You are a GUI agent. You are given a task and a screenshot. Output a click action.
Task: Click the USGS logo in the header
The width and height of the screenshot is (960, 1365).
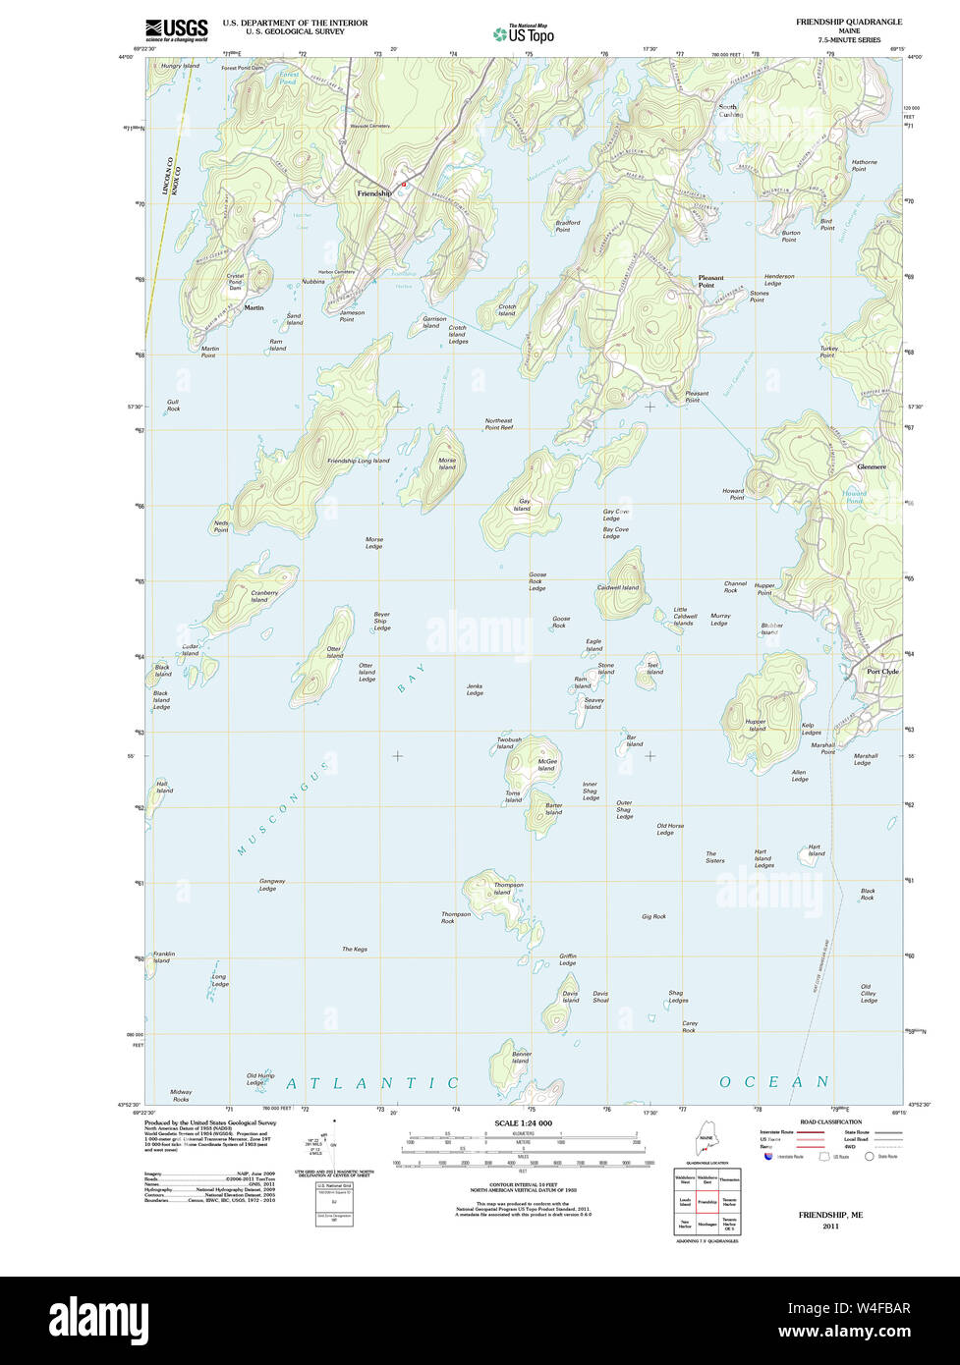[176, 29]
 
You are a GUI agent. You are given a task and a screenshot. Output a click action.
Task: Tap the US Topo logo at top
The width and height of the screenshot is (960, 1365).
[524, 33]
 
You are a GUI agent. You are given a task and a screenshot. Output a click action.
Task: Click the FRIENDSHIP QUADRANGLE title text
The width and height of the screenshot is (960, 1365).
[849, 22]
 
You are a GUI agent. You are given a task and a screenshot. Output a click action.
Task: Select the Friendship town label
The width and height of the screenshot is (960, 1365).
[373, 194]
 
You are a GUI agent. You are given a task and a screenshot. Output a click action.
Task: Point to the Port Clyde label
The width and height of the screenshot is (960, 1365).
[882, 672]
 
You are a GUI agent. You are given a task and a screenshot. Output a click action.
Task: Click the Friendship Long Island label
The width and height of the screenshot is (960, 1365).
[358, 461]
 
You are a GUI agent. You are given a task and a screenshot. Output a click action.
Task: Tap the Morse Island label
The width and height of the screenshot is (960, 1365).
[447, 464]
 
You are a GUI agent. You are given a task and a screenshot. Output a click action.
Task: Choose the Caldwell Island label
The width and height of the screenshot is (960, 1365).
[617, 587]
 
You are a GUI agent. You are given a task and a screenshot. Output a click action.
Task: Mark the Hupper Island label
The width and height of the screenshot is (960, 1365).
[756, 725]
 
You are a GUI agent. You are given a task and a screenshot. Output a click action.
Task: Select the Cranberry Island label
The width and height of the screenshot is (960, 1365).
[263, 596]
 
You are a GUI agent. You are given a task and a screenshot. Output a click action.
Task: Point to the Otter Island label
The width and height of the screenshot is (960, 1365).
[334, 652]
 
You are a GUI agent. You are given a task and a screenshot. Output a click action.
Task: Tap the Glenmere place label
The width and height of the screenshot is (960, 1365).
[871, 466]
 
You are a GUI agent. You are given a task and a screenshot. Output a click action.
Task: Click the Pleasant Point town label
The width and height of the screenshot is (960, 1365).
[710, 281]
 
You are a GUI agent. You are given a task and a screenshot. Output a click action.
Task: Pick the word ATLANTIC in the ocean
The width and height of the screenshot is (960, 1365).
[372, 1083]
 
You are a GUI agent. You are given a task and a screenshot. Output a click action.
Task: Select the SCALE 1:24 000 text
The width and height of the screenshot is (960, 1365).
[523, 1122]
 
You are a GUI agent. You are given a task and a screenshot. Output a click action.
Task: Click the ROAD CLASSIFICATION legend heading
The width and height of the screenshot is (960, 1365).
[830, 1121]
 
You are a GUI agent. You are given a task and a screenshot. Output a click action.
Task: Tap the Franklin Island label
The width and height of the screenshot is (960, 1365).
[163, 956]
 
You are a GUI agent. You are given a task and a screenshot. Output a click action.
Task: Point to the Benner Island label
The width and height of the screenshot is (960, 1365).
[521, 1058]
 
